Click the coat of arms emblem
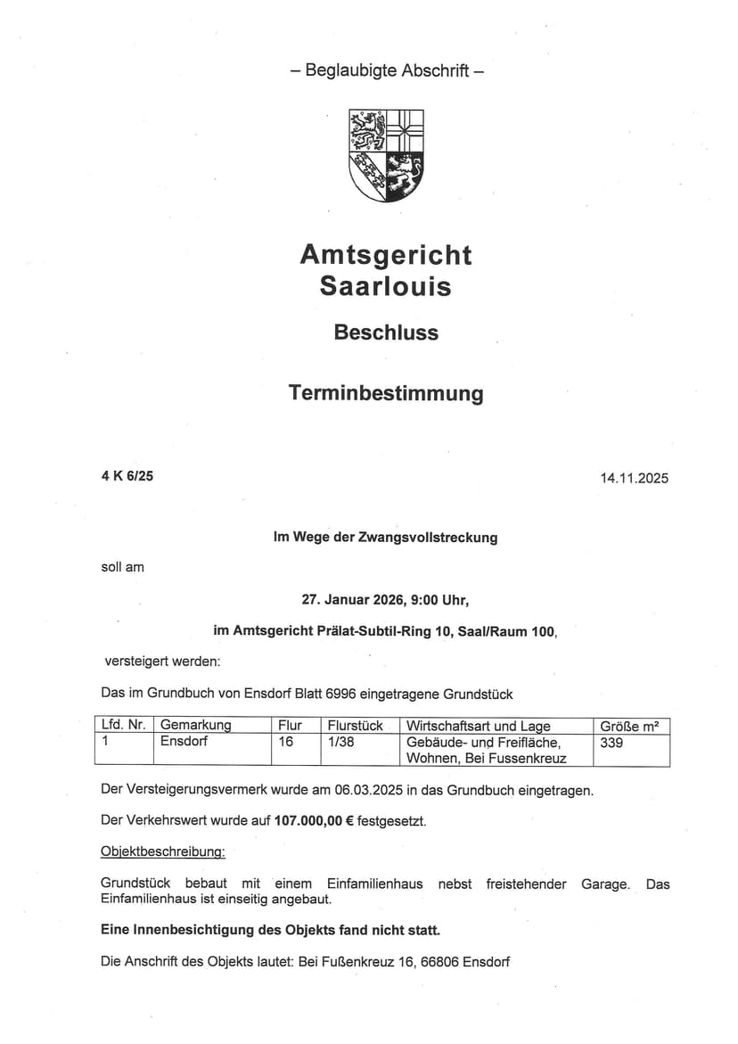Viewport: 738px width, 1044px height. click(386, 155)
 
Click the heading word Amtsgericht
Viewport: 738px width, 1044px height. click(386, 255)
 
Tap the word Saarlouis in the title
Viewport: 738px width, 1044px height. click(386, 287)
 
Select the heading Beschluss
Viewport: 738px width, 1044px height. click(386, 333)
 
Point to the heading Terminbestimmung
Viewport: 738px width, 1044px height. click(386, 393)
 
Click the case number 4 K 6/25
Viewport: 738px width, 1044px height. click(127, 476)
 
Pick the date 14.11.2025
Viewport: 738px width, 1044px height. click(634, 478)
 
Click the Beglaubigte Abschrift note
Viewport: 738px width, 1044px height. click(387, 70)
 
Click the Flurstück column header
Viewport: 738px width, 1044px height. click(355, 726)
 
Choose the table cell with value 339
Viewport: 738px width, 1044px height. click(611, 742)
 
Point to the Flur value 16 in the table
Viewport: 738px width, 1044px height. click(286, 742)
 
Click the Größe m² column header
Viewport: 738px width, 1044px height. click(629, 726)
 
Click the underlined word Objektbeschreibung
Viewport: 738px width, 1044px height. click(163, 852)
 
